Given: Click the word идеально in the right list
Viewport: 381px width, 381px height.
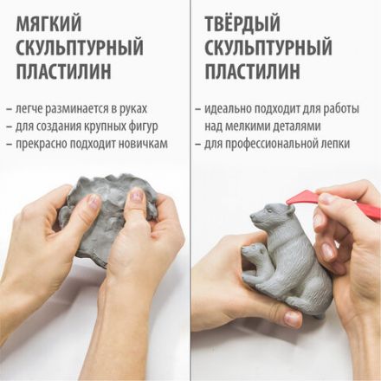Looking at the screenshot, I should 224,109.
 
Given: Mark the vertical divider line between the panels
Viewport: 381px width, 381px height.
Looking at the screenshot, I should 190,190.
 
